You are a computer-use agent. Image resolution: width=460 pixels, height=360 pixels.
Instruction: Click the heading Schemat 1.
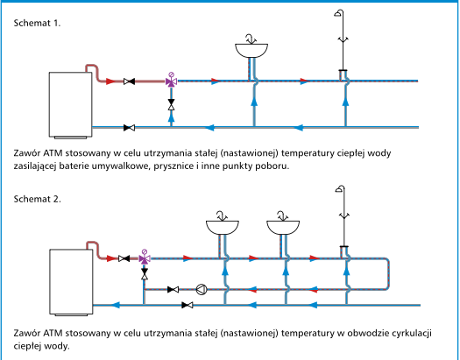click(x=37, y=23)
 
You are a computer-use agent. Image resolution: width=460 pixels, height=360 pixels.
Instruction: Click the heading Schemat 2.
click(x=38, y=199)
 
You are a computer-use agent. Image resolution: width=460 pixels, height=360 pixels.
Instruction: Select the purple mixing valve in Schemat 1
click(x=172, y=81)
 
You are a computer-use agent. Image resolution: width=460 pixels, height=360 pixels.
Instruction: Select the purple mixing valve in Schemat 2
click(x=145, y=258)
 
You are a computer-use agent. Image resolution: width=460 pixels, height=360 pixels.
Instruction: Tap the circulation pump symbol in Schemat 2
click(x=202, y=290)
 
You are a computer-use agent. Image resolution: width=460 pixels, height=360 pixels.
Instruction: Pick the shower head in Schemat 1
click(x=339, y=13)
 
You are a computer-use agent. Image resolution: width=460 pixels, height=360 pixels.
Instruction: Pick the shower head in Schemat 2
click(x=340, y=188)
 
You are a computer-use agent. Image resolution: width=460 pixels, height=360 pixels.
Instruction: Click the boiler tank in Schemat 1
click(x=70, y=104)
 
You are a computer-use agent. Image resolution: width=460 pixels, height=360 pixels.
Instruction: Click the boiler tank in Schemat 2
click(x=71, y=282)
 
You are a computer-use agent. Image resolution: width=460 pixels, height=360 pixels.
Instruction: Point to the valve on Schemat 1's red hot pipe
click(x=129, y=81)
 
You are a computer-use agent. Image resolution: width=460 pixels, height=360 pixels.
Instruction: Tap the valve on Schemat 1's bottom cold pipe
click(x=129, y=128)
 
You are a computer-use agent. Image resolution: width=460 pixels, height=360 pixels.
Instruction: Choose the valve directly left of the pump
click(x=173, y=290)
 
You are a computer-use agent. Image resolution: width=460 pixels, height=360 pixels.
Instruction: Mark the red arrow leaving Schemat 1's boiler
click(x=110, y=81)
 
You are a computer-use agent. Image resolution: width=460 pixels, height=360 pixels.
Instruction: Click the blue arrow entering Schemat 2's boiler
click(x=116, y=305)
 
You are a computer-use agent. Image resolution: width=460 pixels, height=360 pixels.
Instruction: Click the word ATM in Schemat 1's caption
click(x=53, y=153)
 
